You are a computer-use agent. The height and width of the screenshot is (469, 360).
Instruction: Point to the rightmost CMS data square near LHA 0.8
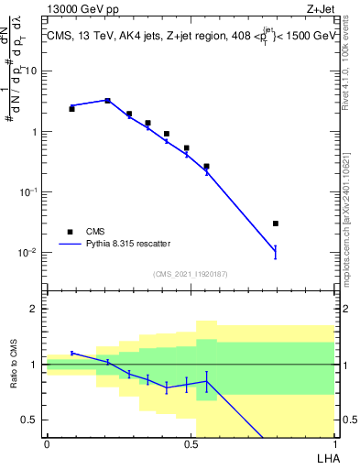pyautogui.click(x=276, y=224)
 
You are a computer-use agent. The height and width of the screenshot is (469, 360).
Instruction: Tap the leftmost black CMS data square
pyautogui.click(x=72, y=109)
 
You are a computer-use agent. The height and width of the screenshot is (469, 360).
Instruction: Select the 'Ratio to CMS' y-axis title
pyautogui.click(x=16, y=365)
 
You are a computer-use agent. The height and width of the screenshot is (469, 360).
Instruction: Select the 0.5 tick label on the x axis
pyautogui.click(x=191, y=444)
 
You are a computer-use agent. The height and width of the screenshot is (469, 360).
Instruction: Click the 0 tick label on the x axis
pyautogui.click(x=47, y=444)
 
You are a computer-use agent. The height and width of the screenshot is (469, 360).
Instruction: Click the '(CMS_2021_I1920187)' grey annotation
pyautogui.click(x=190, y=274)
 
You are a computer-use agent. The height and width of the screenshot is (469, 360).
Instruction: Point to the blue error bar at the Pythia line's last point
pyautogui.click(x=276, y=252)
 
